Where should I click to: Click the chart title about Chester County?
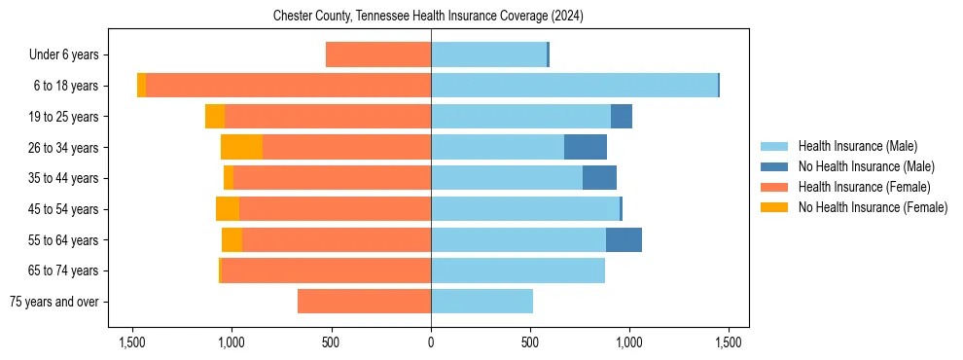pos(428,16)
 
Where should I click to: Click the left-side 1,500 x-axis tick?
pos(131,342)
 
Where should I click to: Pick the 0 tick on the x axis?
pos(431,342)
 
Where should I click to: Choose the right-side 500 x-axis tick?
pos(530,342)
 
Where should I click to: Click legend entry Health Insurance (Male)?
pos(857,146)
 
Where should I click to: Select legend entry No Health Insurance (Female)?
pos(873,207)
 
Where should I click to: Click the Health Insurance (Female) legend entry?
pos(864,187)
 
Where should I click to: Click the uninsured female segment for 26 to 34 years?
pos(241,147)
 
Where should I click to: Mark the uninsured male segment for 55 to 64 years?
pos(624,239)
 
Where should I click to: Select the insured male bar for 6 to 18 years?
pos(574,86)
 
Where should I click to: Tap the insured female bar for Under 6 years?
pos(378,54)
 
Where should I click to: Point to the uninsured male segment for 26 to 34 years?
pos(586,147)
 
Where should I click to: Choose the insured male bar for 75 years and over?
pos(481,302)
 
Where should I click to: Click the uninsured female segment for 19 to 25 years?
pos(215,116)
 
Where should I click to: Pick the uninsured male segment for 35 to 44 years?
pos(599,178)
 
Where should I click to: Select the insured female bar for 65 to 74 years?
pos(326,270)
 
